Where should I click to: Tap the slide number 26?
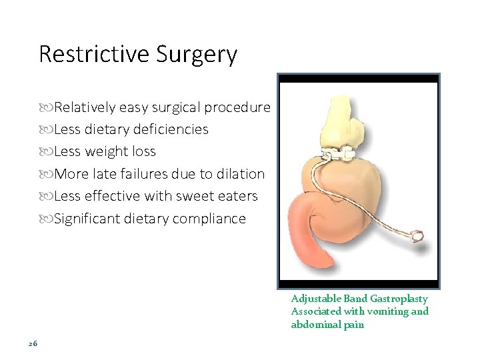33,343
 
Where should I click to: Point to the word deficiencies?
171,129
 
